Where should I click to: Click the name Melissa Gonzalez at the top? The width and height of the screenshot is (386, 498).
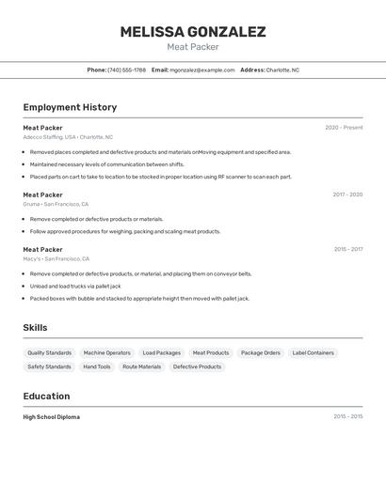coord(192,32)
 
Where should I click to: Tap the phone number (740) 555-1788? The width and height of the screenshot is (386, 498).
coord(126,70)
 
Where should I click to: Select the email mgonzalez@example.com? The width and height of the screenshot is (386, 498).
coord(201,70)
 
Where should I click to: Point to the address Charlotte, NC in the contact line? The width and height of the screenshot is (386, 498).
coord(282,70)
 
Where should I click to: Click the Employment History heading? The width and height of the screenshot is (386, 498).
coord(70,107)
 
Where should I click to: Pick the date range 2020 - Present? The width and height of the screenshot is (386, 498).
coord(344,128)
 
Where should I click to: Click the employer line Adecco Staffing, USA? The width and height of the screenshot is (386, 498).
coord(68,137)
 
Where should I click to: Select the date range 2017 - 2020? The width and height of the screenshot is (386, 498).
coord(347,195)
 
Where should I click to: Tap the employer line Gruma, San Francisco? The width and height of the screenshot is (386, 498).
coord(56,204)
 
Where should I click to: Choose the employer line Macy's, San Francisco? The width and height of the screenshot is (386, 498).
coord(56,258)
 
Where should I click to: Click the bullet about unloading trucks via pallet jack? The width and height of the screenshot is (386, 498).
coord(75,286)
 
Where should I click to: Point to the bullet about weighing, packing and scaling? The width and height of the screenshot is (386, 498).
coord(125,231)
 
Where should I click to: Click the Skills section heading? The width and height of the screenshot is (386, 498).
coord(36,327)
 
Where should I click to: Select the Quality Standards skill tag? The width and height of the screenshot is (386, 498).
coord(50,353)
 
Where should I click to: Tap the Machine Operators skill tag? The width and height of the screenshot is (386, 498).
coord(107,353)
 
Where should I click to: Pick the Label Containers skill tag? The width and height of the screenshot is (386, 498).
coord(314,353)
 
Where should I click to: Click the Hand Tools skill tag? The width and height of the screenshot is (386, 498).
coord(97,366)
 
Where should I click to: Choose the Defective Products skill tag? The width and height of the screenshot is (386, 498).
coord(197,366)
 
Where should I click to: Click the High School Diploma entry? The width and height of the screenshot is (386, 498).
coord(52,416)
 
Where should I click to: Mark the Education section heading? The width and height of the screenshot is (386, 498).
coord(46,396)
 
